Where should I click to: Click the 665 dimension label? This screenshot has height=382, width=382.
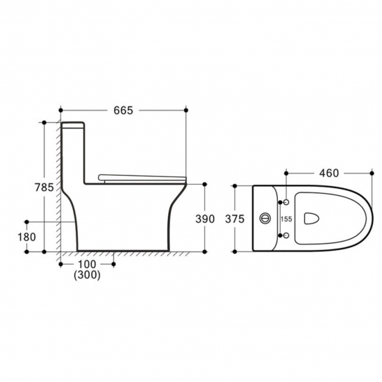tap(123, 110)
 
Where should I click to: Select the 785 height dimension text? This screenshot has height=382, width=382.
tap(44, 188)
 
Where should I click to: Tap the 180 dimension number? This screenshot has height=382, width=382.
tap(27, 237)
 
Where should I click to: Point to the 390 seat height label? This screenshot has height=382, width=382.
tap(205, 219)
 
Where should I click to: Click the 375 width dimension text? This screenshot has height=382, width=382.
tap(235, 219)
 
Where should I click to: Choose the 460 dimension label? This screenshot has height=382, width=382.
tap(329, 173)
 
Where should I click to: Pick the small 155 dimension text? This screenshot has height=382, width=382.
tap(286, 219)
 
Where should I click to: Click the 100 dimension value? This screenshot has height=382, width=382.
tap(87, 265)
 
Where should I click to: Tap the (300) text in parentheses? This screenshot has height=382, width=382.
tap(87, 275)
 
